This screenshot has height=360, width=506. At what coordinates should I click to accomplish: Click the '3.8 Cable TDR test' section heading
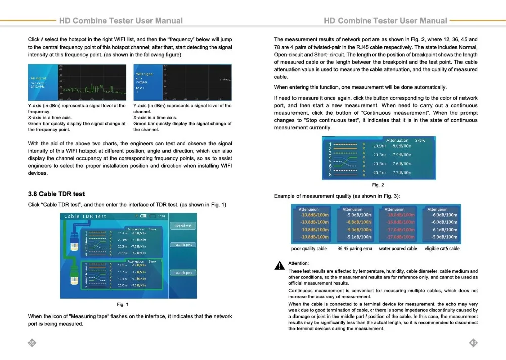[56, 194]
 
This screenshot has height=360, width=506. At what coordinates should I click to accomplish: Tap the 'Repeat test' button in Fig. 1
[183, 226]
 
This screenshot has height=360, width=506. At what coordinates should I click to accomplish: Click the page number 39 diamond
[31, 343]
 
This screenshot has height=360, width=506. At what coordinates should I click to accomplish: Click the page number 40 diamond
[474, 343]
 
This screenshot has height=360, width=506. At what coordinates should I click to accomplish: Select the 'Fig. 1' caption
[122, 304]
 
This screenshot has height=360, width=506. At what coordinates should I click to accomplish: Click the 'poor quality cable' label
[309, 249]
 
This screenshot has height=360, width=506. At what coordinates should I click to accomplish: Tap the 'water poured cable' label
[398, 249]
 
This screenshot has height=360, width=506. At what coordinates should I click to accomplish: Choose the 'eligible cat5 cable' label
[442, 249]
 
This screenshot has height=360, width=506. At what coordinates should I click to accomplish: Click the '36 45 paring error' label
[355, 249]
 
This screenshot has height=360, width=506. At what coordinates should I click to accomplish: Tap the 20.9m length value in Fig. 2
[379, 146]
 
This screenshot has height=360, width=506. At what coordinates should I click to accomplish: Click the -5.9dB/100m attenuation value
[444, 237]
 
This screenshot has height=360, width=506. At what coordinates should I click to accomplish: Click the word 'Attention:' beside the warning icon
[299, 263]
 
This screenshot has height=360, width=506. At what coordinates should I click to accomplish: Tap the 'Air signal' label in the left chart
[39, 78]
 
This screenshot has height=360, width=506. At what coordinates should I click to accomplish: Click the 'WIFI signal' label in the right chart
[145, 74]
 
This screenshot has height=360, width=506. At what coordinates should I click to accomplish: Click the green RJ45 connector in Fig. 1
[72, 273]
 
